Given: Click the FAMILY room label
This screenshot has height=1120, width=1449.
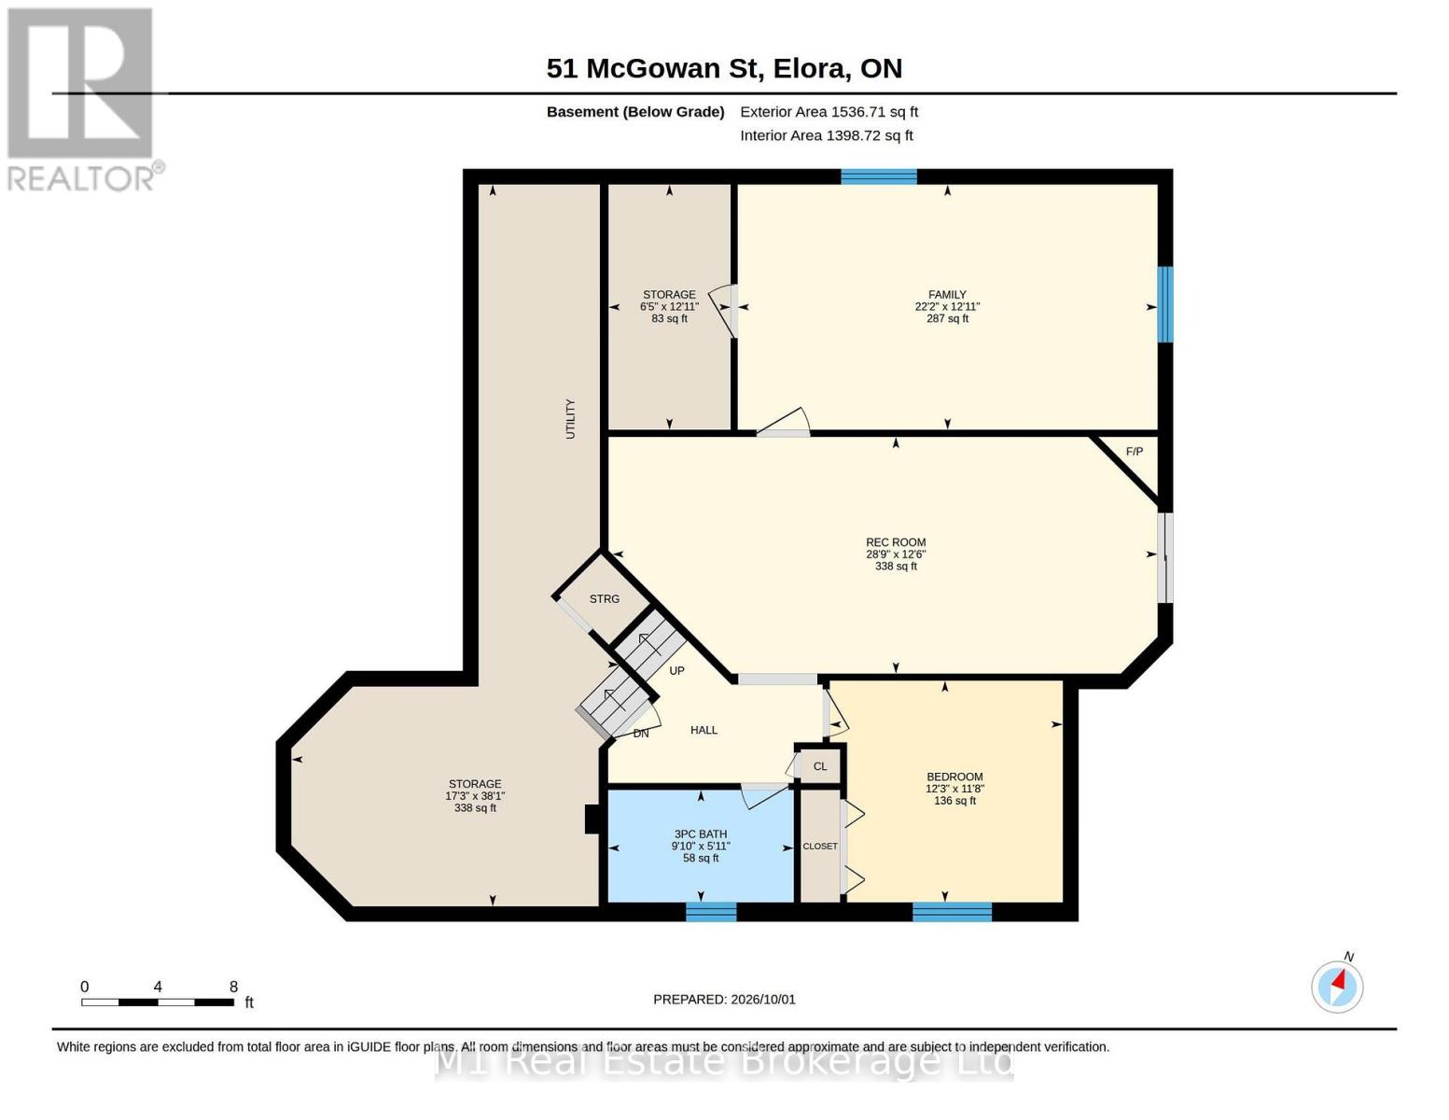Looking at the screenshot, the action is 947,294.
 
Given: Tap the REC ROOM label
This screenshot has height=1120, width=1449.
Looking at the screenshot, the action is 896,542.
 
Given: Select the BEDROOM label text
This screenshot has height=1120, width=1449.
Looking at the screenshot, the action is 954,777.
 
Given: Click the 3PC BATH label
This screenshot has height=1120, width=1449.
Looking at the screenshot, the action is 700,833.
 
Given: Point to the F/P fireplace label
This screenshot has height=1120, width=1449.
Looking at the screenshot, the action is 1135,452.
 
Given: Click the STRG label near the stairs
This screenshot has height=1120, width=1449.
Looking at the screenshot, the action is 605,599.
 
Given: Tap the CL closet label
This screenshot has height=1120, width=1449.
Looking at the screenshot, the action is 819,766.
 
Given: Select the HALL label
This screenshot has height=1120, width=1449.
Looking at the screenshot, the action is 704,730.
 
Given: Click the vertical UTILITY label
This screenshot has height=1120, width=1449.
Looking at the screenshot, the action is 570,419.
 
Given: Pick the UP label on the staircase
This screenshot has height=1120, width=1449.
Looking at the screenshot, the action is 676,670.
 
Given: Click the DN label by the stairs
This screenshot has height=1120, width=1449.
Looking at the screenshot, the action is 640,734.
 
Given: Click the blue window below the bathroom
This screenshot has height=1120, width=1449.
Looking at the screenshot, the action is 711,912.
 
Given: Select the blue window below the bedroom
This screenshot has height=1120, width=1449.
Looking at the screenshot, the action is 952,912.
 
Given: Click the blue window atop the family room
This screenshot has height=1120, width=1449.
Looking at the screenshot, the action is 878,176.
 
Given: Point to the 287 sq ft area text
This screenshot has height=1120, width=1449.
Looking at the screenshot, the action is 947,319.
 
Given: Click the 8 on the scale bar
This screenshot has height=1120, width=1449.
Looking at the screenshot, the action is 233,987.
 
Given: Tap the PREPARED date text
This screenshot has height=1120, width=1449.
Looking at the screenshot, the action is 724,1000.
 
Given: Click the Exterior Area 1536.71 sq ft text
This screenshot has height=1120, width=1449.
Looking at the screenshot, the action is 829,112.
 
